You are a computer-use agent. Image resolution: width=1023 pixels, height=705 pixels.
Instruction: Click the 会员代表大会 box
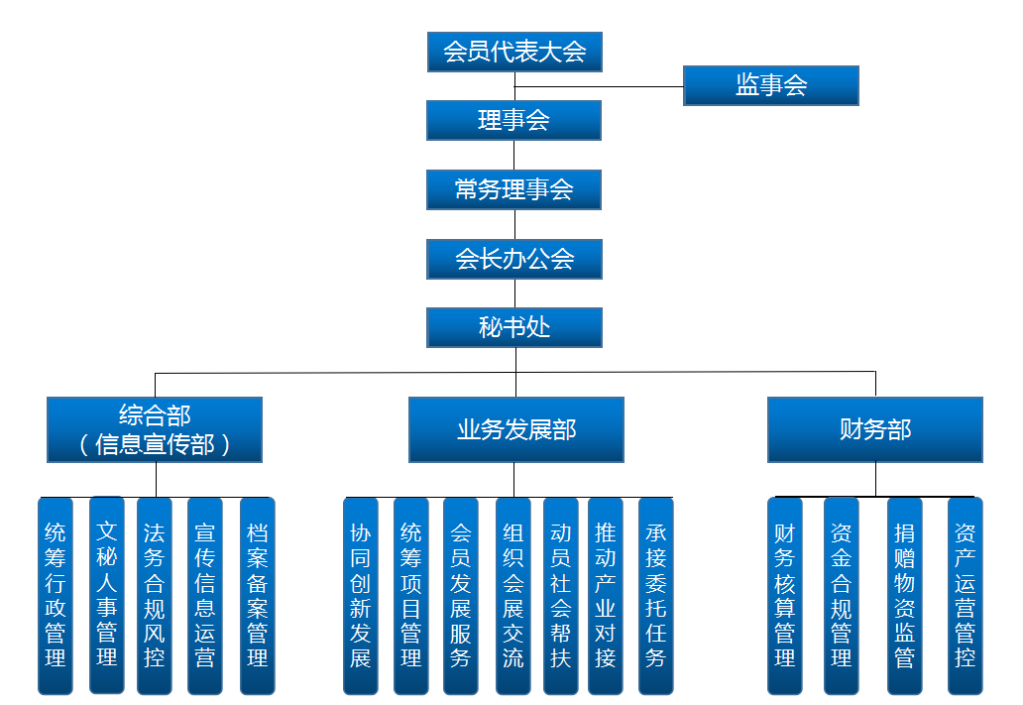click(x=514, y=52)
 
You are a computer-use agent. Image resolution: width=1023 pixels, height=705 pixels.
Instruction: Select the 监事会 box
click(x=770, y=85)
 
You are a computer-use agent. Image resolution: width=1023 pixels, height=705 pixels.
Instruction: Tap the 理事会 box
click(x=514, y=120)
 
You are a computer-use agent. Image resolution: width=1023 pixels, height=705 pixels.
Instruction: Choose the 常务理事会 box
click(x=514, y=189)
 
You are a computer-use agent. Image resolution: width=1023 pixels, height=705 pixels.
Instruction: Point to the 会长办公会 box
click(x=514, y=259)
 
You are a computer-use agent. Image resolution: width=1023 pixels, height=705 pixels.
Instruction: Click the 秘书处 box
click(x=514, y=327)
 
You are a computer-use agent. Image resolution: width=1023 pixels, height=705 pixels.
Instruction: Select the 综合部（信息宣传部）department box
click(x=155, y=429)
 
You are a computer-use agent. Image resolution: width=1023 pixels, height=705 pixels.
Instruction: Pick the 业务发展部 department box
click(x=516, y=429)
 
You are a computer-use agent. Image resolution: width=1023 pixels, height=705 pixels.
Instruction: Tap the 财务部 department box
click(x=875, y=429)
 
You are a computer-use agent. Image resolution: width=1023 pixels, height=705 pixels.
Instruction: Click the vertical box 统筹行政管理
click(x=56, y=595)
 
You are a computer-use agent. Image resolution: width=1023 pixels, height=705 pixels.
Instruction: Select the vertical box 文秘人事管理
click(x=107, y=595)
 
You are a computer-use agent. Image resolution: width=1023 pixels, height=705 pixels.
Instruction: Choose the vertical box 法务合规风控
click(x=155, y=595)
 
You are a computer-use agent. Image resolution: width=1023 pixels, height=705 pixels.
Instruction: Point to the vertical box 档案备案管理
click(x=258, y=595)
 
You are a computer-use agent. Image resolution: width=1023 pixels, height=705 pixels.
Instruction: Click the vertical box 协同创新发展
click(x=361, y=595)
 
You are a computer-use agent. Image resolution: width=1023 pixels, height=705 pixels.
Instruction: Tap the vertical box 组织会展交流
click(x=513, y=595)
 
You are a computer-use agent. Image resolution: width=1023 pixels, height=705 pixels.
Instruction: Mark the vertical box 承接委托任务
click(x=656, y=595)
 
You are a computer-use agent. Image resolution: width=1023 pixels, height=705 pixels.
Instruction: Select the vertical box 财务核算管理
click(x=785, y=595)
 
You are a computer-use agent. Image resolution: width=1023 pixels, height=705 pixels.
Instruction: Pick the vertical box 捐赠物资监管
click(x=905, y=595)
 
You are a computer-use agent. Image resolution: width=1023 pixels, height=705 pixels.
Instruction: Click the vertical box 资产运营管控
click(x=966, y=595)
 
